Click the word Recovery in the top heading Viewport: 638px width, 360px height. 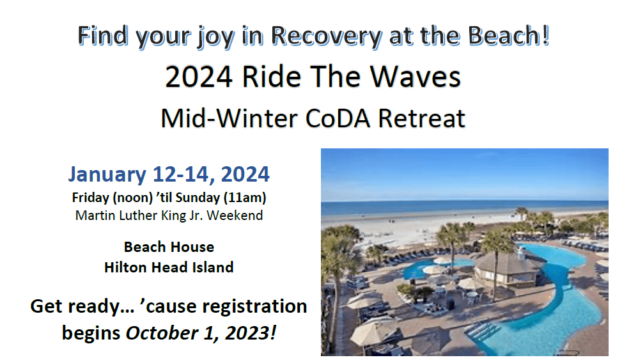[327, 36]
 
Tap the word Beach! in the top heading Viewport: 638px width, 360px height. [509, 35]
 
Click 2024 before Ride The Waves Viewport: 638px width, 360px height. [199, 77]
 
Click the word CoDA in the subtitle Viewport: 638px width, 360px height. [338, 118]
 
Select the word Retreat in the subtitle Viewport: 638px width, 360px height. [421, 118]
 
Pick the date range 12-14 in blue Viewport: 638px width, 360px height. [184, 175]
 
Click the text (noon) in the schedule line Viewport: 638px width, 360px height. [132, 198]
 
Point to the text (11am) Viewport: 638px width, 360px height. [245, 198]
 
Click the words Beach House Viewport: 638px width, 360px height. [169, 247]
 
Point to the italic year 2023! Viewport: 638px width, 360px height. [251, 333]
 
